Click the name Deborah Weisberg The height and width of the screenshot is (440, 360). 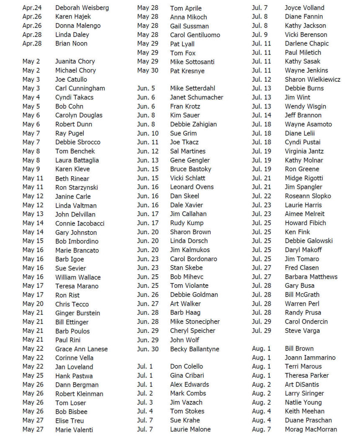82,8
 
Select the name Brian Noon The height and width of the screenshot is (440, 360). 71,44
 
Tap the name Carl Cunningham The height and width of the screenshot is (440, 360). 80,88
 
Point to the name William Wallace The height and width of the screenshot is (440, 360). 78,277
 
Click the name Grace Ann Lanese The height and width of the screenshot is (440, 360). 81,349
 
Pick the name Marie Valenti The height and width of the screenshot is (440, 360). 74,430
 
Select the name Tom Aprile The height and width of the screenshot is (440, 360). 185,8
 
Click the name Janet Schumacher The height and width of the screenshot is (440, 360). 196,98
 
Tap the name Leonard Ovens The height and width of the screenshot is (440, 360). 192,187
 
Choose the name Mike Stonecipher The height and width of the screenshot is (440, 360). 195,322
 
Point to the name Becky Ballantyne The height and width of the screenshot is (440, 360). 194,349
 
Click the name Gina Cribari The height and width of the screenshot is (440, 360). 187,376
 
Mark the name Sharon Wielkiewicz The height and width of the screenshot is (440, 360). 312,80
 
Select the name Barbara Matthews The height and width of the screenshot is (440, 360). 311,277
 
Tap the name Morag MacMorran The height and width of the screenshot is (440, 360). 311,429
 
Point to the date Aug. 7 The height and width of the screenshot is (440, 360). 261,429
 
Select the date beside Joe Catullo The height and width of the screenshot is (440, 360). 31,80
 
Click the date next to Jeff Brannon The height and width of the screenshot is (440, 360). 261,115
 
